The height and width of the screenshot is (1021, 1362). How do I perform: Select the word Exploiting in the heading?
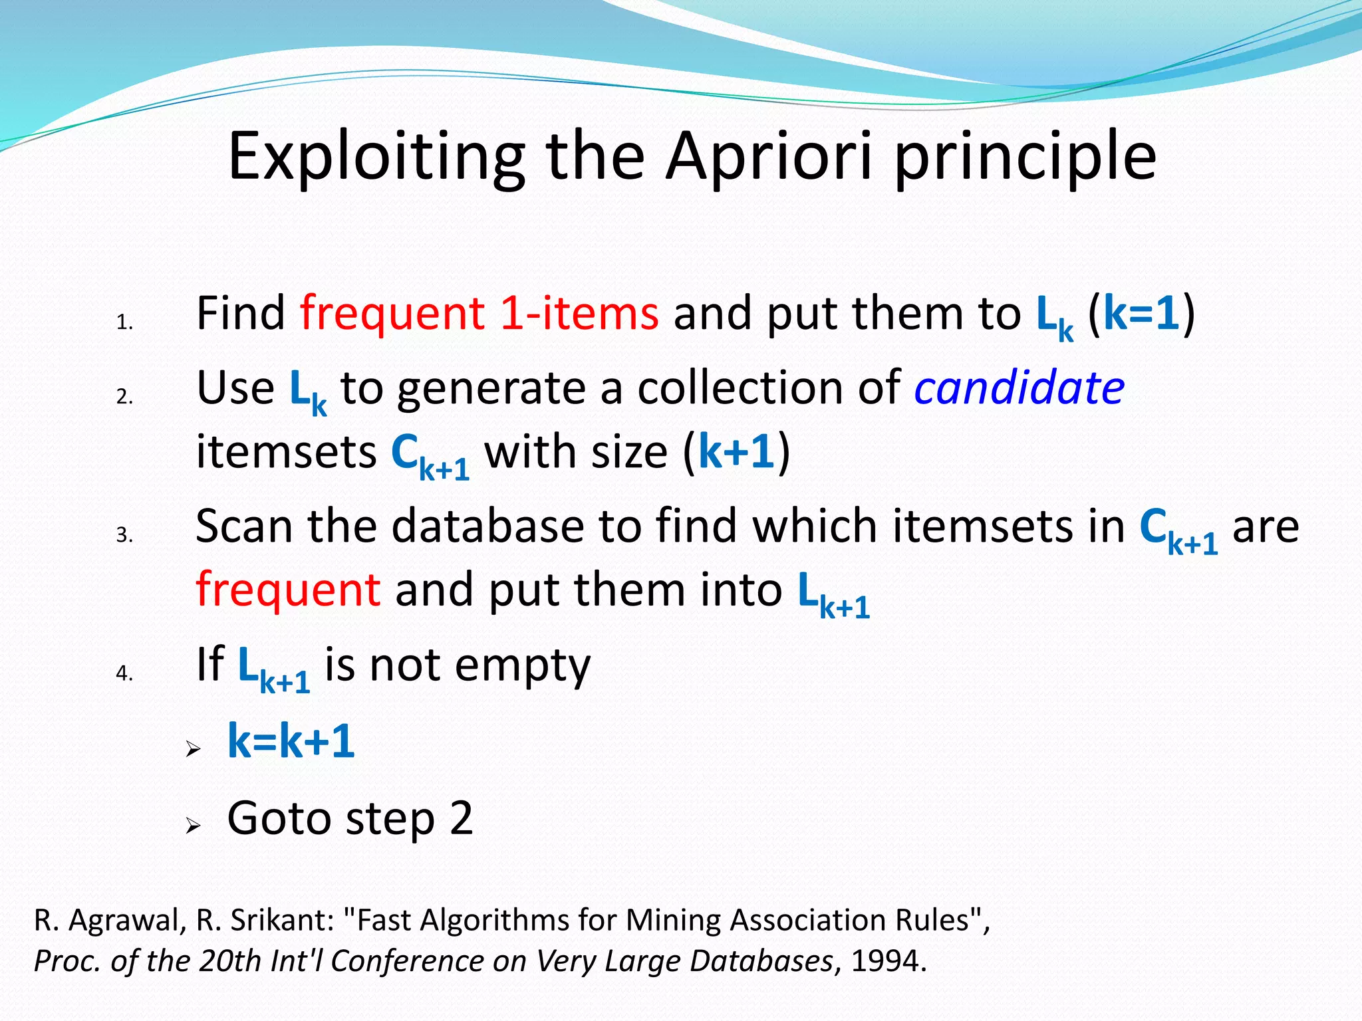376,158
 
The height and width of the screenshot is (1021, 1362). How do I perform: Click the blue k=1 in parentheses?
1141,313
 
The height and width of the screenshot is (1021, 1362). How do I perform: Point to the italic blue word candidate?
1019,388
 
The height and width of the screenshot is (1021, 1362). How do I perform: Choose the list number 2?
124,397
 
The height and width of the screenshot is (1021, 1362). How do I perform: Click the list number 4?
124,673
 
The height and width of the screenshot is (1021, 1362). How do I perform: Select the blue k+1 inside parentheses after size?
737,452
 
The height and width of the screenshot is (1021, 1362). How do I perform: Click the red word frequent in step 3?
288,590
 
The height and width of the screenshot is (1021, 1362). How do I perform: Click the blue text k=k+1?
291,741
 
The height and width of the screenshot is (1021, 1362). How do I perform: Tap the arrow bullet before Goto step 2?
193,826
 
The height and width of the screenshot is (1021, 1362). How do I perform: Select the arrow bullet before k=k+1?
193,750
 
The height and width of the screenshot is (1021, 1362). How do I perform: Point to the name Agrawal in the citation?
128,921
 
